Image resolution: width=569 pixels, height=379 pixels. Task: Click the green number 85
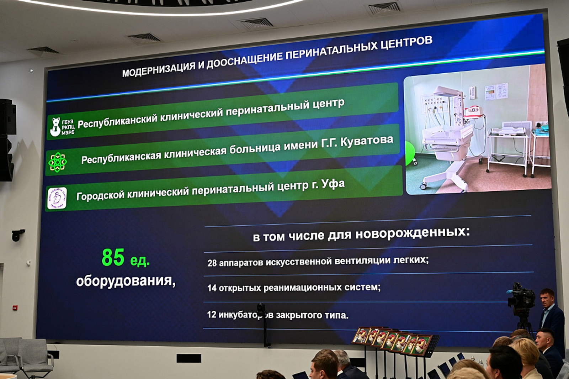[113, 257]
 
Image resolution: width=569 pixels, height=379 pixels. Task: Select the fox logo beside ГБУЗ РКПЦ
[55, 127]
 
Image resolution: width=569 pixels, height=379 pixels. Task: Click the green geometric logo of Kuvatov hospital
[57, 162]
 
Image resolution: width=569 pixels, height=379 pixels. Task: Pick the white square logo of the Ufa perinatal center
[57, 198]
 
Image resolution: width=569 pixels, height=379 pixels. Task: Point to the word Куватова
[367, 141]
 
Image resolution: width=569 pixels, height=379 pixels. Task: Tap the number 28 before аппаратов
[212, 263]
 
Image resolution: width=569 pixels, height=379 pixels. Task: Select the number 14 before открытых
[212, 288]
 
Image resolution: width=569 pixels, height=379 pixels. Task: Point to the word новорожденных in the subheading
[413, 233]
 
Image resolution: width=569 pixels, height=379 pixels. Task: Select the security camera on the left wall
[17, 235]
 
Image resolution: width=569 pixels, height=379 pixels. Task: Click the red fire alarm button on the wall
[15, 307]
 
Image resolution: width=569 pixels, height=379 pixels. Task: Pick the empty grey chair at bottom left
[34, 354]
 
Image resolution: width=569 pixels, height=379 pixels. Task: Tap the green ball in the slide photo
[410, 153]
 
